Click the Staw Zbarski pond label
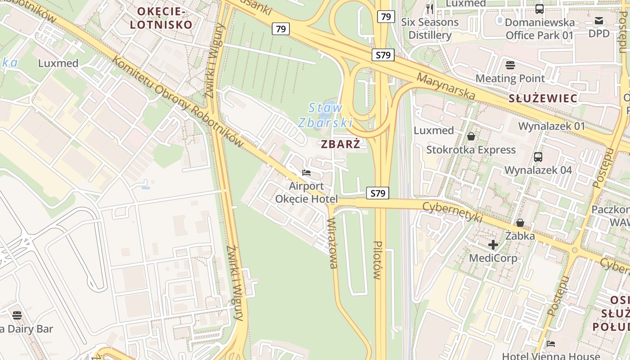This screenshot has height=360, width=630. tap(325, 115)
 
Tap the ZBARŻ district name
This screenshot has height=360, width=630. tap(341, 144)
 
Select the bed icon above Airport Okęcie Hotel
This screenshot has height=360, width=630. tap(306, 173)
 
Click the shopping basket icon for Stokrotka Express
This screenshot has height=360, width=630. tap(471, 136)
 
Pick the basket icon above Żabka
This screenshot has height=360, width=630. tap(520, 223)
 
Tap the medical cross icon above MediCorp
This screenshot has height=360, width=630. tap(493, 245)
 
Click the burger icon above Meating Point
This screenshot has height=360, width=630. tap(510, 65)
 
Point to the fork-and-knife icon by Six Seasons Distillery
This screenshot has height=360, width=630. tap(429, 9)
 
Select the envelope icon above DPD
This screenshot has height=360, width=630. tap(599, 20)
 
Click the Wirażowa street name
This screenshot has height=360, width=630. tap(333, 243)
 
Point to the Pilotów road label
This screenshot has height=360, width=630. tap(378, 260)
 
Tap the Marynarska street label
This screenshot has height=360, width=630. tap(445, 86)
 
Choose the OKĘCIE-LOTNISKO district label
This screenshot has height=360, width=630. tap(161, 18)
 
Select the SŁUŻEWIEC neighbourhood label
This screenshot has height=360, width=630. tap(543, 99)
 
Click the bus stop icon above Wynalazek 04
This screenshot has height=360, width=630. tap(538, 157)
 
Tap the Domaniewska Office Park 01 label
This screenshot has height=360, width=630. tap(540, 29)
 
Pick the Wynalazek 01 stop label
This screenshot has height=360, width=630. tap(551, 126)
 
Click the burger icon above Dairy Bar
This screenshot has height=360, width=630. tap(17, 315)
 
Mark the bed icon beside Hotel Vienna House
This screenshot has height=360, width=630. tap(551, 344)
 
